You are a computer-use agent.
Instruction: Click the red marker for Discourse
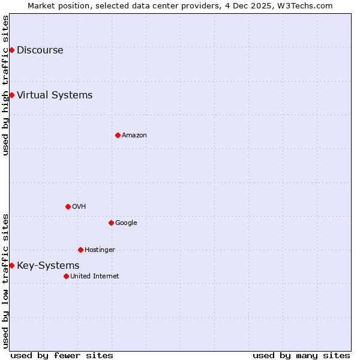11,50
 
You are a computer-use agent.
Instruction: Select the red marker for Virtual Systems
11,95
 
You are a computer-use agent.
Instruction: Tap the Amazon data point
118,135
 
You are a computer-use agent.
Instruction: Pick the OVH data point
68,206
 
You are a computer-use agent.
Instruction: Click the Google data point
111,223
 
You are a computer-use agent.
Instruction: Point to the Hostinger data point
80,250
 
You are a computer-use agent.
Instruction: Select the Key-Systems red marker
11,265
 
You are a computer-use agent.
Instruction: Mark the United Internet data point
66,276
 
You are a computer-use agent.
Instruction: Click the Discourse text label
40,50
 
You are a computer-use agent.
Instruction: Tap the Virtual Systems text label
55,95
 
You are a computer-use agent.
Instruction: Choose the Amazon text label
134,136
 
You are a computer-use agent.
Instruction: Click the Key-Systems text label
48,266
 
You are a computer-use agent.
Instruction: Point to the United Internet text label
95,277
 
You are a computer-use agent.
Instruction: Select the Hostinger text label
100,250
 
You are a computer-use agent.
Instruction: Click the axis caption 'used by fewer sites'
62,355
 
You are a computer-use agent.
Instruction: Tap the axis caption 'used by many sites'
301,355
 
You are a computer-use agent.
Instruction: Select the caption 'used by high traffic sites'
6,85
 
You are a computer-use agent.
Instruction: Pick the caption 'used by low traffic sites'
6,280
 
